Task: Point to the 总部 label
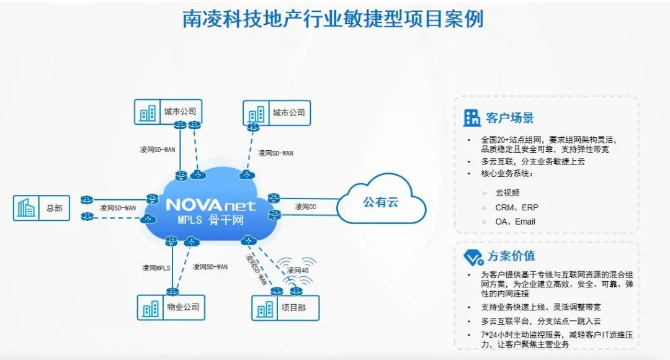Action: pyautogui.click(x=55, y=209)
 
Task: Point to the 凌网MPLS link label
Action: pyautogui.click(x=156, y=268)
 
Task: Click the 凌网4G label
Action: pyautogui.click(x=298, y=271)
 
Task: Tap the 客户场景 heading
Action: pyautogui.click(x=511, y=118)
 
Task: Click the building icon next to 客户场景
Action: pyautogui.click(x=473, y=118)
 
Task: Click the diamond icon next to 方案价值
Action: pyautogui.click(x=473, y=256)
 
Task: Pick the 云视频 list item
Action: pyautogui.click(x=507, y=192)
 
